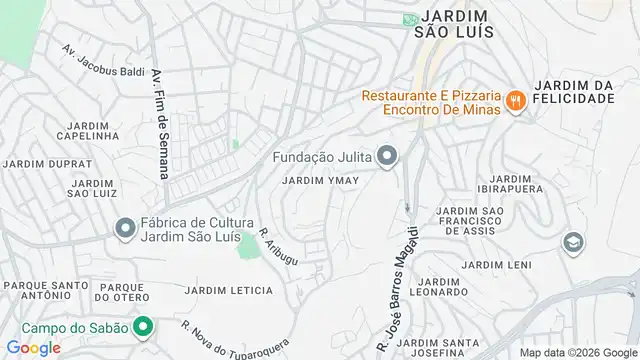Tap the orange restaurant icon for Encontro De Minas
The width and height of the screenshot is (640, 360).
(x=516, y=99)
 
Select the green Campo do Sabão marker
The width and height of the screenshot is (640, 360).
(x=143, y=327)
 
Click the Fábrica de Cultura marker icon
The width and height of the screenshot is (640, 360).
(x=124, y=230)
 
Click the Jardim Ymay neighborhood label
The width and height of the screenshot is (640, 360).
(x=320, y=181)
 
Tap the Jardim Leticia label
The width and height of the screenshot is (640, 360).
(x=227, y=290)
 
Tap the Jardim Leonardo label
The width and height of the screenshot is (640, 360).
(x=439, y=286)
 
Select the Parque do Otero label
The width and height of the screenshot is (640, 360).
(x=121, y=291)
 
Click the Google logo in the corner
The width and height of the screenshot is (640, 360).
(x=32, y=348)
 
